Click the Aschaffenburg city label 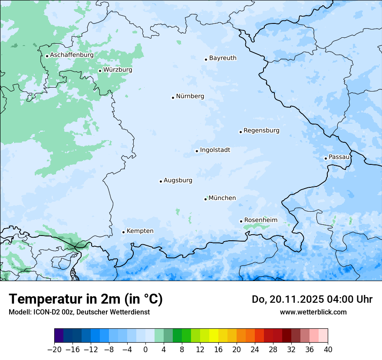[x=72, y=55]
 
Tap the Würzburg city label [x=118, y=70]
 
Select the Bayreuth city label [x=223, y=58]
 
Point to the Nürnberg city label [x=190, y=96]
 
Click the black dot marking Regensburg [x=240, y=132]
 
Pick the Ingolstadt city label [x=215, y=150]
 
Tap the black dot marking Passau [x=326, y=158]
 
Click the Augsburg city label [x=178, y=180]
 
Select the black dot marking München [x=205, y=199]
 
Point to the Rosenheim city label [x=260, y=220]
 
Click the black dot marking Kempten [x=123, y=232]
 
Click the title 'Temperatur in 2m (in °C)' [x=86, y=299]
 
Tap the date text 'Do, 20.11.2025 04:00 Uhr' [x=312, y=299]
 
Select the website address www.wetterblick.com [x=313, y=312]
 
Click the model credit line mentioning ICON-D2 [x=79, y=312]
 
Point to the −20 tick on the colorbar [x=55, y=350]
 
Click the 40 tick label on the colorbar [x=328, y=350]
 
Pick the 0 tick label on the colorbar [x=145, y=350]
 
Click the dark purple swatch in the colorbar [x=59, y=336]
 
